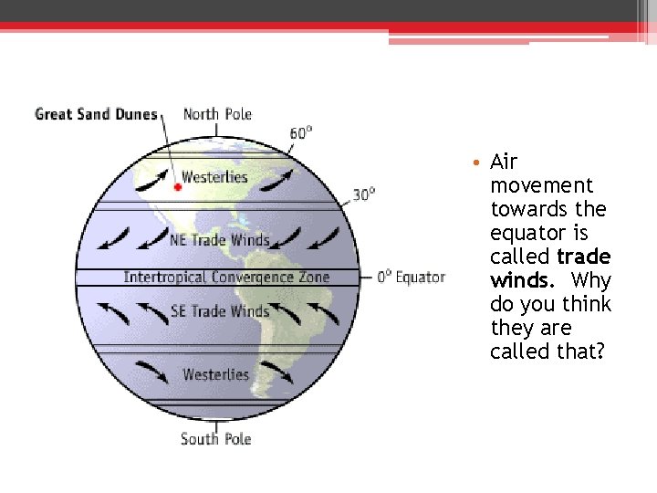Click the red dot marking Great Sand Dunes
178,185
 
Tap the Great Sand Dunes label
96,115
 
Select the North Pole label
217,114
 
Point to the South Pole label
215,439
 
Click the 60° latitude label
301,133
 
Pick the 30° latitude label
364,194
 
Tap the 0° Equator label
412,277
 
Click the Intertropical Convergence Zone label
226,277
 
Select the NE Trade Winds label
220,241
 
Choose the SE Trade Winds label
220,311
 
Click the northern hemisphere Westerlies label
214,177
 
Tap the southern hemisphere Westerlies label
215,374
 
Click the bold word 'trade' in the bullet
584,257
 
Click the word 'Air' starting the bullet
504,163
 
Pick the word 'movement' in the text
541,185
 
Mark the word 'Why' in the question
591,280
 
